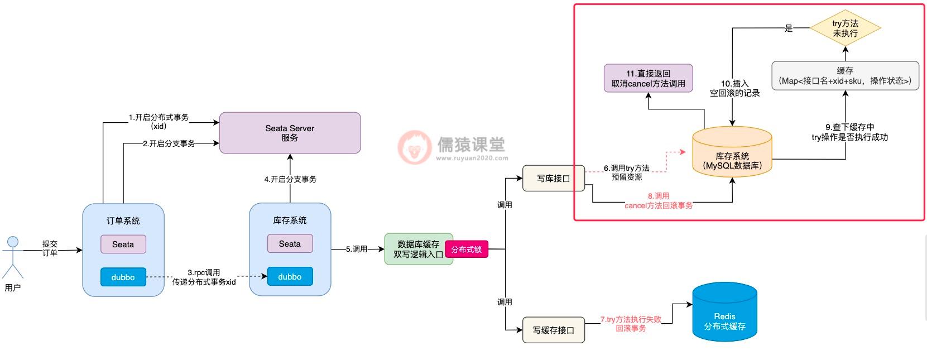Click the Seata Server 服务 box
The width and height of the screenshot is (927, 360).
(x=290, y=133)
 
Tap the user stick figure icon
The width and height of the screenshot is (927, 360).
(x=12, y=257)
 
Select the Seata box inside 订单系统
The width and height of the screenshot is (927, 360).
(x=123, y=244)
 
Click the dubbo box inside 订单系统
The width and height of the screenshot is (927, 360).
(x=123, y=277)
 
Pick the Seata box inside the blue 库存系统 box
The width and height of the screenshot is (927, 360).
(x=290, y=243)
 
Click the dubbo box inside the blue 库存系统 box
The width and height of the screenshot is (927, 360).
(x=290, y=276)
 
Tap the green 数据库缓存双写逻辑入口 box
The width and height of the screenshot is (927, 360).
(x=418, y=249)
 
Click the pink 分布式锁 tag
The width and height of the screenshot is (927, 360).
(x=467, y=249)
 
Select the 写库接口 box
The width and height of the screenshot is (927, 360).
(x=553, y=178)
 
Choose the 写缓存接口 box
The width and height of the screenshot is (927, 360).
(x=553, y=330)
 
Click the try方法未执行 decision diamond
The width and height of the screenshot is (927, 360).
(x=845, y=28)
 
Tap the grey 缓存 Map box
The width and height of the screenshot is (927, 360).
(x=845, y=76)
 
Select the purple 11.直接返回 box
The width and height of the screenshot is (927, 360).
(x=648, y=78)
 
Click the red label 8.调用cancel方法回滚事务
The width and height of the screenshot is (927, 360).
(x=659, y=201)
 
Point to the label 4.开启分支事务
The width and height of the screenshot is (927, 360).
(x=290, y=179)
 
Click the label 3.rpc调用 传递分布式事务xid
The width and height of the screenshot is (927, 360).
(x=204, y=277)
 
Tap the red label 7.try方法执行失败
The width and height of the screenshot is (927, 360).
(x=631, y=324)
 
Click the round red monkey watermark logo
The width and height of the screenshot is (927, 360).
(x=414, y=147)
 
